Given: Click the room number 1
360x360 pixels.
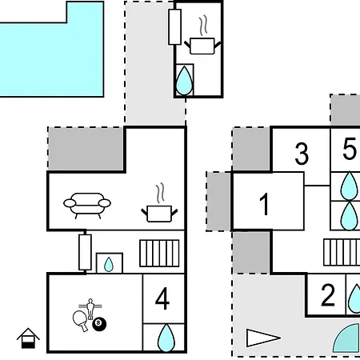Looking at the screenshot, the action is tap(264, 204).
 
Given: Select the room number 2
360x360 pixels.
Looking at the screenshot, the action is tap(328, 295).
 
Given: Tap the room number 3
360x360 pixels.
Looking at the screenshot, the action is tap(302, 154).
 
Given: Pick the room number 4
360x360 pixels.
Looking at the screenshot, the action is tap(162, 298).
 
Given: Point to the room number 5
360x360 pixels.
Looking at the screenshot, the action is tap(350, 149).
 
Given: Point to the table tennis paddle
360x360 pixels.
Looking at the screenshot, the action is tap(81, 321).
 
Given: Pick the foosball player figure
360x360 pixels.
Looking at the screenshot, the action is tap(90, 309).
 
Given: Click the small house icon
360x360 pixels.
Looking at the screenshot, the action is tap(28, 338).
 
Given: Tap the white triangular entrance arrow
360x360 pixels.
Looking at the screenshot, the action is tap(263, 338).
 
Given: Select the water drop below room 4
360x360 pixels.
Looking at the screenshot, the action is tap(166, 338).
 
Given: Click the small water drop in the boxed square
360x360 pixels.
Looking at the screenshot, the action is tap(109, 264).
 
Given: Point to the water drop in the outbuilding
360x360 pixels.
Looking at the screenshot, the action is tap(184, 81).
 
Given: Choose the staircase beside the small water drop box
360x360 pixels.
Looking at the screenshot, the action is tap(159, 254).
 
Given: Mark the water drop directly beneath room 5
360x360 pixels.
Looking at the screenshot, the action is tap(350, 186).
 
